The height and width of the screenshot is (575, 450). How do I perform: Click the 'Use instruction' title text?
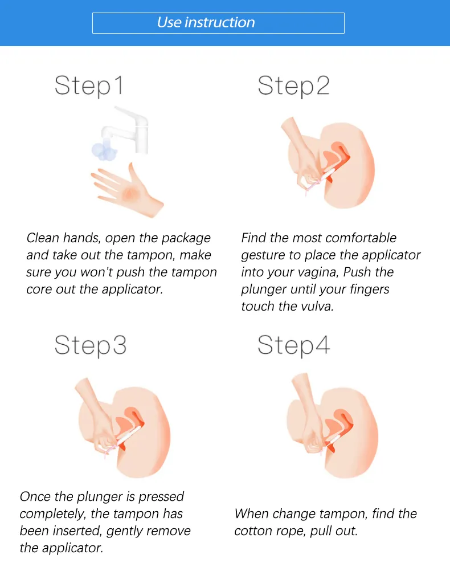tap(206, 22)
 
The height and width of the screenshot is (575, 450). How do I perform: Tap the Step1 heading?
tap(89, 86)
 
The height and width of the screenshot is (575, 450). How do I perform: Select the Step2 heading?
tap(293, 86)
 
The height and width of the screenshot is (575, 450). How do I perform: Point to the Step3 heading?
tap(91, 345)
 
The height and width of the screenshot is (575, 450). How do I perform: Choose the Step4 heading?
tap(293, 345)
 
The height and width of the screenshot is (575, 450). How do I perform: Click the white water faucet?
tap(126, 130)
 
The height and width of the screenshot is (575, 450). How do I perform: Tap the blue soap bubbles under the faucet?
tap(104, 150)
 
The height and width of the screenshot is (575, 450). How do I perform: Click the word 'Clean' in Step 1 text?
tap(43, 238)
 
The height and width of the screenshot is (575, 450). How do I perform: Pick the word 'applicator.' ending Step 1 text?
tap(132, 289)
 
